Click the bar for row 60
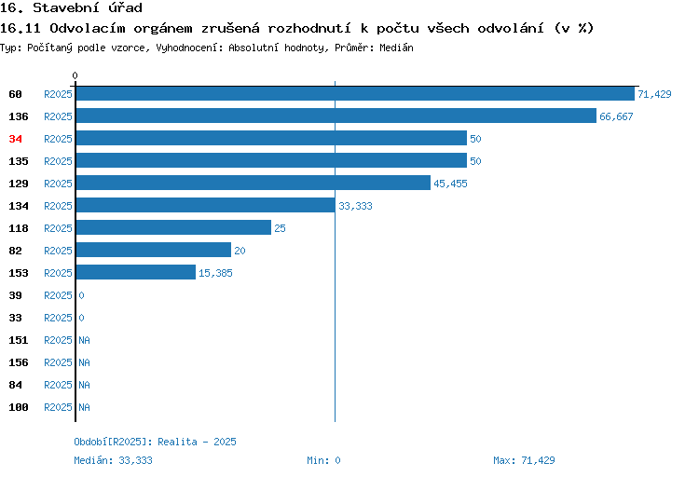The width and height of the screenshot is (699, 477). point(355,93)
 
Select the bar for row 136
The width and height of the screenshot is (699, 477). point(336,116)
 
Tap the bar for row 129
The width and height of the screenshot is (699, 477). point(254,183)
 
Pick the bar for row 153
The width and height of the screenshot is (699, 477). point(136,272)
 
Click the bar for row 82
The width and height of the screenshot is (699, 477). point(154,250)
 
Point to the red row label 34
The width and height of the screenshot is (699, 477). point(15,139)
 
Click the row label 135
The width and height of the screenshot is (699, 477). point(19,161)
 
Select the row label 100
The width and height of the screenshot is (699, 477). point(19,407)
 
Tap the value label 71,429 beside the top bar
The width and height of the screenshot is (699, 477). point(654,94)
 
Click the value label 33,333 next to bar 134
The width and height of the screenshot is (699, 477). point(355,206)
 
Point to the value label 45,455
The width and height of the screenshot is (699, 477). point(450,184)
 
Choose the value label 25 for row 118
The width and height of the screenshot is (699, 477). point(280,228)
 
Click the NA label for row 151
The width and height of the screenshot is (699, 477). point(84,340)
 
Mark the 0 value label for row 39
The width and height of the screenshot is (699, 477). point(82,295)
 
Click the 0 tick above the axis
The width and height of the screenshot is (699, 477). point(75,75)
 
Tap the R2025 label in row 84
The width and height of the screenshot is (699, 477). point(58,385)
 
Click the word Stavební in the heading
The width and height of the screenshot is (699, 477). point(65,8)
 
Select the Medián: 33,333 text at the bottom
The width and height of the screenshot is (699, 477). point(113,460)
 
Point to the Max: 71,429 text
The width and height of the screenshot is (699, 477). point(524,460)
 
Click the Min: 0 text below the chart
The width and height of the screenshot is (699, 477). point(323,460)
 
